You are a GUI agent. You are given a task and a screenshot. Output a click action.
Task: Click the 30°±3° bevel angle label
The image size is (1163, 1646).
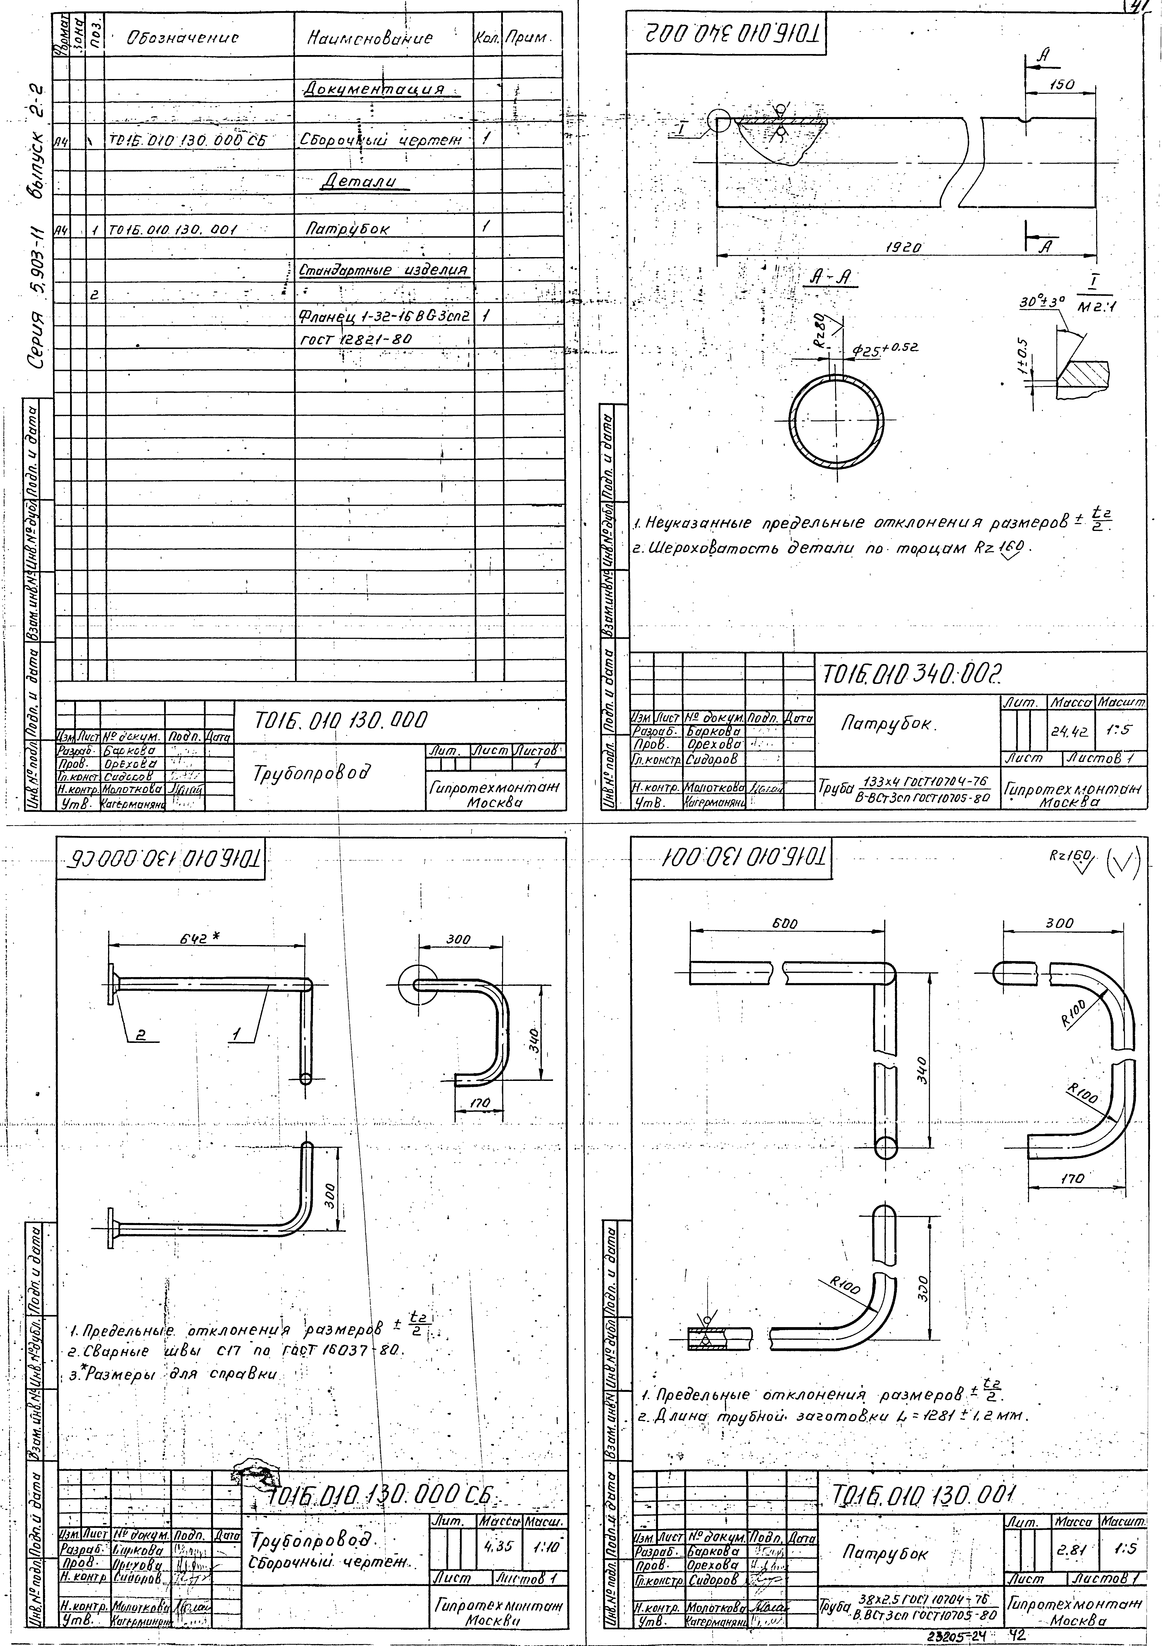point(1043,304)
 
